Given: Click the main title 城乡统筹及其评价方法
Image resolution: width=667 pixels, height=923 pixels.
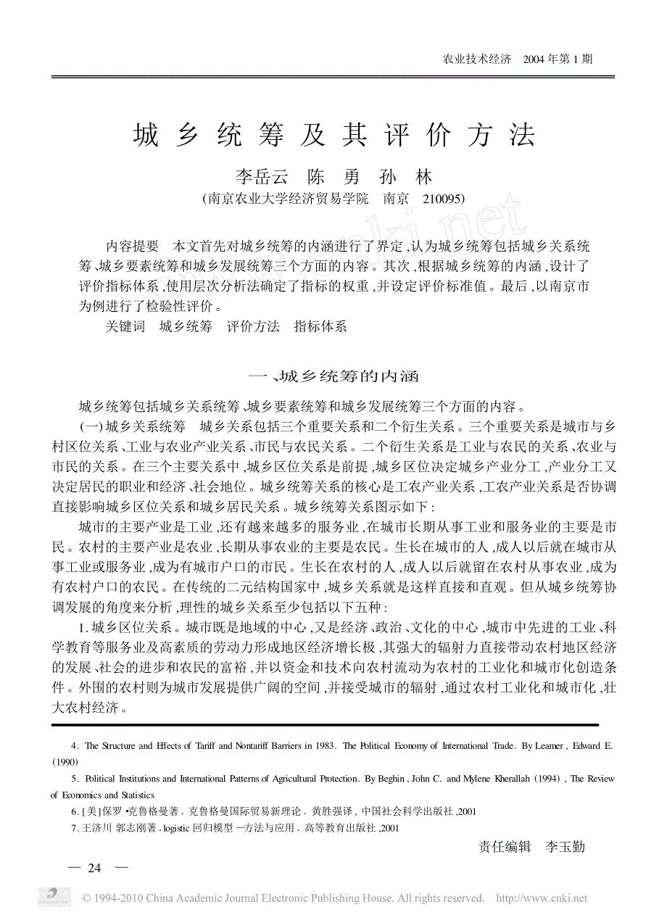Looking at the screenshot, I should [x=334, y=136].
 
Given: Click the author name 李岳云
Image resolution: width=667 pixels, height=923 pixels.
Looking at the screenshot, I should [x=262, y=177].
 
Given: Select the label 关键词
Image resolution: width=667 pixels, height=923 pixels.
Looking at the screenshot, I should [x=125, y=326].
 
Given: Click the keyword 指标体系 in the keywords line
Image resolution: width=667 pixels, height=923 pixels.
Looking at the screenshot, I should [x=320, y=326].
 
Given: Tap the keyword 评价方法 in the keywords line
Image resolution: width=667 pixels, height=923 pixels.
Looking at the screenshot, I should [x=253, y=326].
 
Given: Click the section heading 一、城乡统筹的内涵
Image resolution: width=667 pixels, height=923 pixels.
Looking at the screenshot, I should [x=333, y=376].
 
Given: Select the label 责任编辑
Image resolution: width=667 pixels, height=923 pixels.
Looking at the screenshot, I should [x=505, y=846].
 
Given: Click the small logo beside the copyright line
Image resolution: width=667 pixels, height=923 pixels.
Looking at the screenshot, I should [x=55, y=896].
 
